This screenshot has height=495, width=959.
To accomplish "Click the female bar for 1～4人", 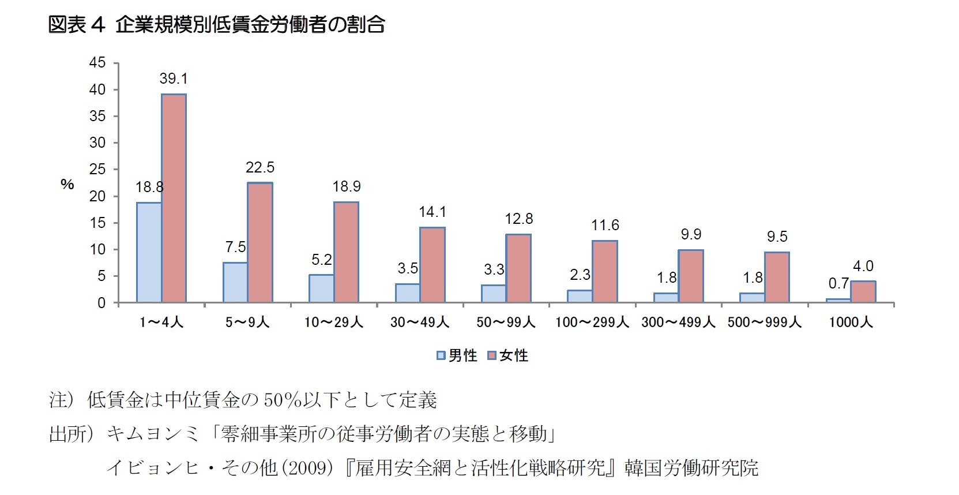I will [x=174, y=198].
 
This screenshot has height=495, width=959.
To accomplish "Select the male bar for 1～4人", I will [x=149, y=252].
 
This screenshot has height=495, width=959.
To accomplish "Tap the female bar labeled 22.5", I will [x=260, y=242].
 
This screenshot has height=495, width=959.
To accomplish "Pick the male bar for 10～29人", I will [x=321, y=288].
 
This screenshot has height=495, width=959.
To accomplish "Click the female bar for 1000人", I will [x=863, y=292].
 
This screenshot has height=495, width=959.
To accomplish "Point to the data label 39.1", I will [x=174, y=78].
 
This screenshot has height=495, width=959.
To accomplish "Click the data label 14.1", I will [x=432, y=212].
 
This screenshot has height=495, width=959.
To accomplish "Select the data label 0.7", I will [x=838, y=283].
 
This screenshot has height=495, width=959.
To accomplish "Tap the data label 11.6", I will [x=605, y=225].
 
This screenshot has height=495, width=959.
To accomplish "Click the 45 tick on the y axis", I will [x=97, y=62].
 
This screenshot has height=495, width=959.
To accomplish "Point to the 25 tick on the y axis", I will [x=97, y=169].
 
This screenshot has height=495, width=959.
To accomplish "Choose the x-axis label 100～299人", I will [x=592, y=322].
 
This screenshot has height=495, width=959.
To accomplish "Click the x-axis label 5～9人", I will [x=247, y=322].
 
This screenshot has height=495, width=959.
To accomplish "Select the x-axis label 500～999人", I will [x=764, y=322].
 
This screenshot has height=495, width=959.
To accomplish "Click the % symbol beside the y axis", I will [x=67, y=184].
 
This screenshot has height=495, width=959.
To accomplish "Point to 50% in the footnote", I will [x=279, y=400].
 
